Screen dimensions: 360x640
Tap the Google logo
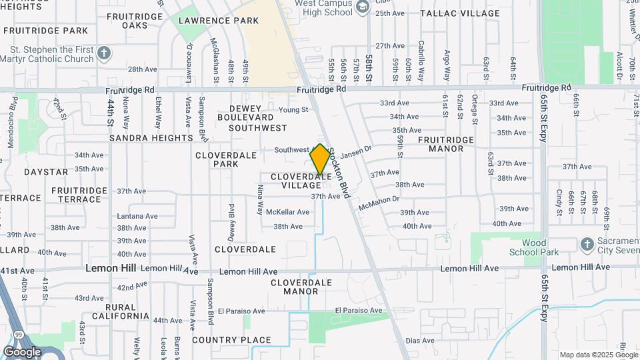pyautogui.click(x=22, y=352)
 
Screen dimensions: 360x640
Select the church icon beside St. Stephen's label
pyautogui.click(x=103, y=52)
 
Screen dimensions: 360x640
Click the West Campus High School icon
pyautogui.click(x=363, y=7)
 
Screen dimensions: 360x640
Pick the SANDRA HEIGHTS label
pyautogui.click(x=151, y=138)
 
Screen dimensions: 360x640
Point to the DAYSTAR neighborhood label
pyautogui.click(x=46, y=171)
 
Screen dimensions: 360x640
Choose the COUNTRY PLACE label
pyautogui.click(x=222, y=340)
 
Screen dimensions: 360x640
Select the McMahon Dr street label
pyautogui.click(x=379, y=203)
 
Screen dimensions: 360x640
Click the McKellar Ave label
pyautogui.click(x=287, y=212)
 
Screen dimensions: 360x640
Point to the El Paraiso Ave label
pyautogui.click(x=359, y=311)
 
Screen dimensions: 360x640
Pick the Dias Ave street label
pyautogui.click(x=420, y=341)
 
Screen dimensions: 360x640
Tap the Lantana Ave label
pyautogui.click(x=137, y=216)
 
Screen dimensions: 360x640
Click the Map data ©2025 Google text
pyautogui.click(x=599, y=355)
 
